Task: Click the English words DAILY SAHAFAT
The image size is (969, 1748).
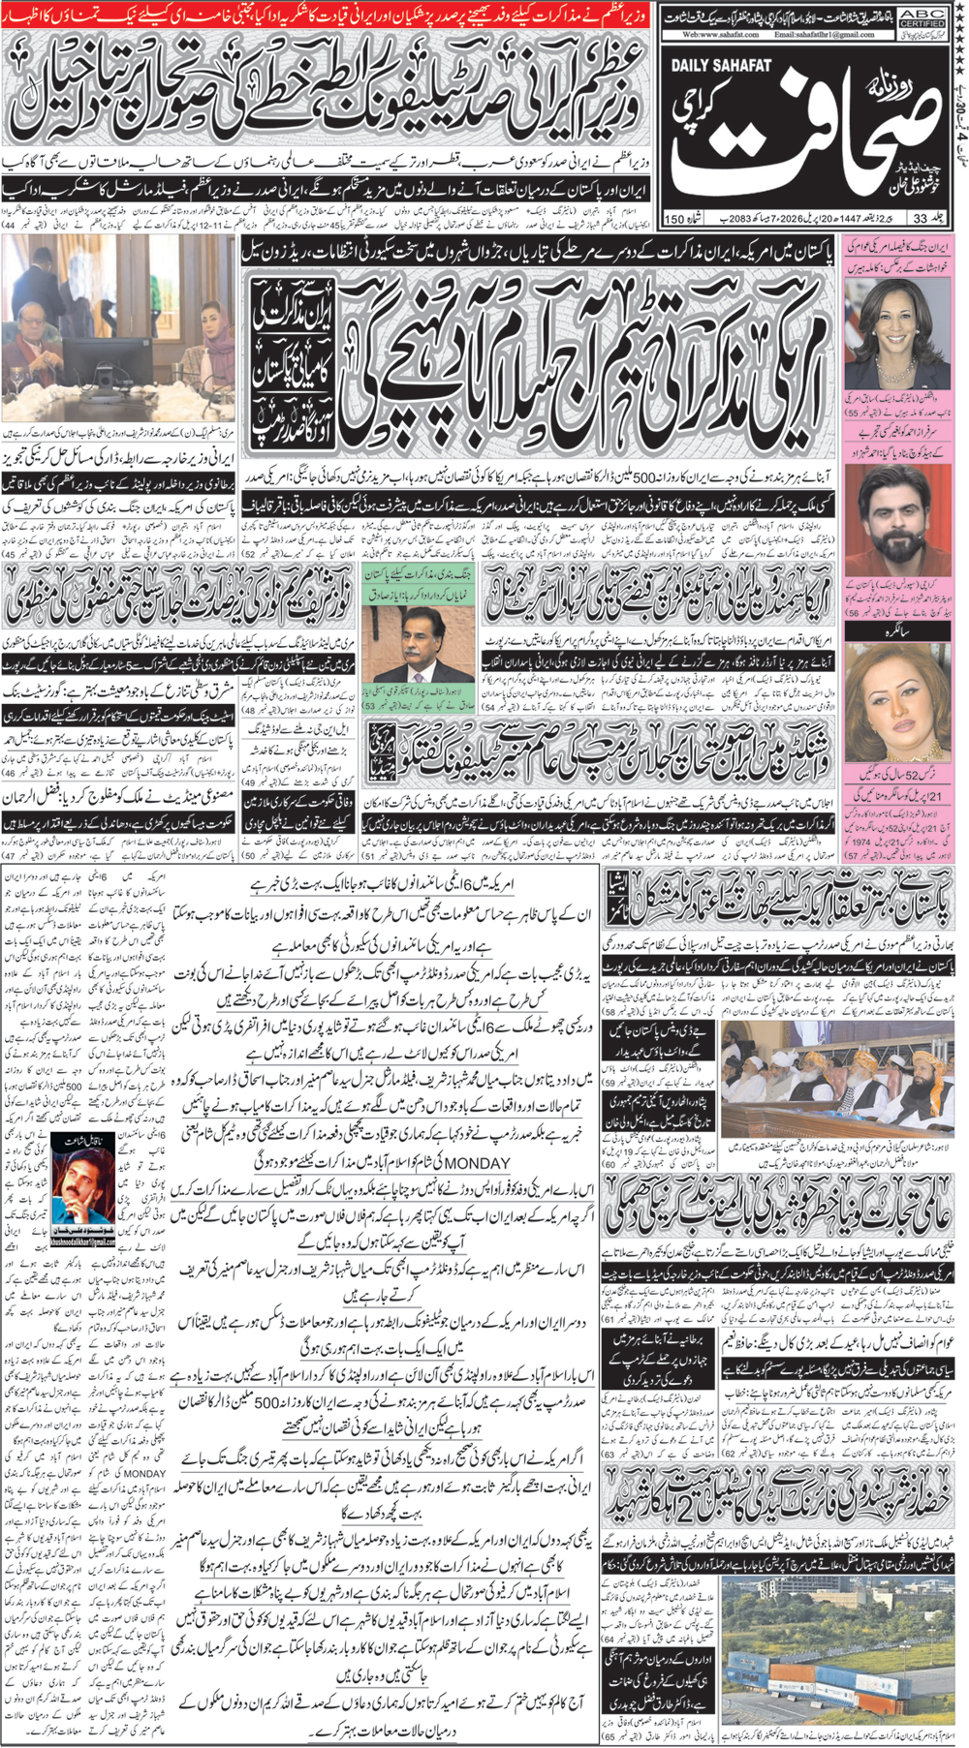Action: point(721,66)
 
